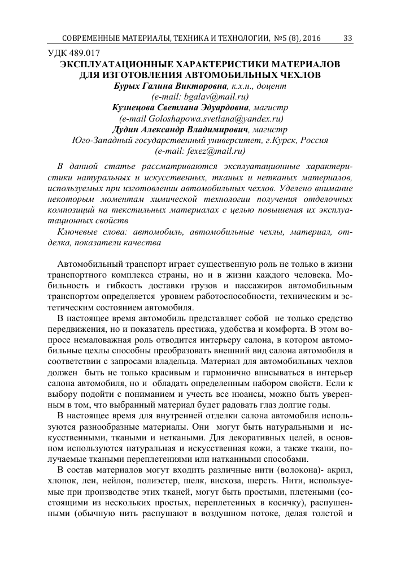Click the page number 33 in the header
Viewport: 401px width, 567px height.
click(348, 38)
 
